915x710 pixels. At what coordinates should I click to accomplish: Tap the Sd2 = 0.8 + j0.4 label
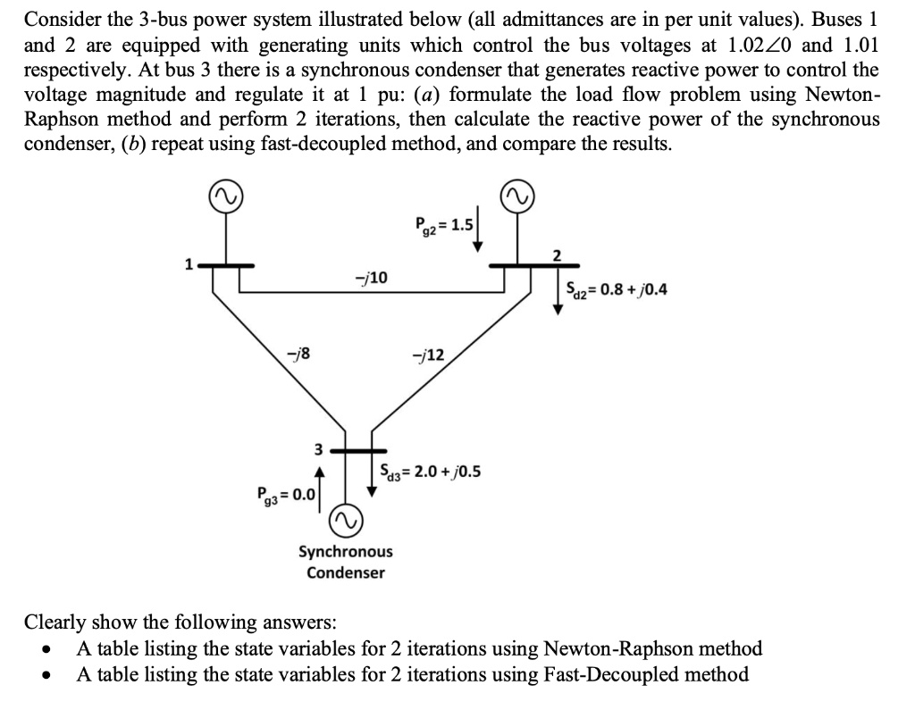pos(616,289)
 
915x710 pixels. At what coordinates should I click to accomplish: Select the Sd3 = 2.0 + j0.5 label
pos(430,470)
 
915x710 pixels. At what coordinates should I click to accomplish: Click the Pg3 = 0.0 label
pos(281,493)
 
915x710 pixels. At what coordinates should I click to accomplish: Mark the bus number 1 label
pos(188,264)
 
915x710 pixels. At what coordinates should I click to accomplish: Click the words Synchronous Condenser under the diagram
pos(345,562)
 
